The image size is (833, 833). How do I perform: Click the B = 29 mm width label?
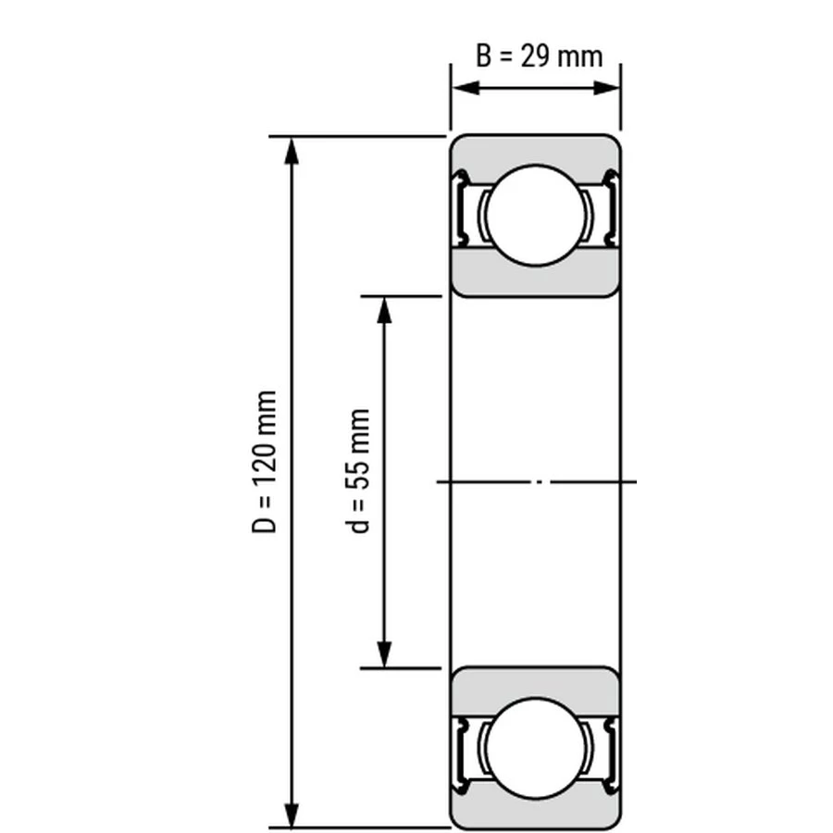[x=540, y=56]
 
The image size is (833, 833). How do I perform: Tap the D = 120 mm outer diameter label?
[x=264, y=461]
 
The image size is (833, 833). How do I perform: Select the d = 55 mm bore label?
[x=357, y=471]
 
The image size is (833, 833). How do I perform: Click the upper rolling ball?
[x=536, y=215]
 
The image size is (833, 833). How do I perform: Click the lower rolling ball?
[x=536, y=748]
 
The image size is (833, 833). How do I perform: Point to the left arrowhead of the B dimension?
[x=466, y=88]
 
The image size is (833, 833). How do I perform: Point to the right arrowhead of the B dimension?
[x=605, y=88]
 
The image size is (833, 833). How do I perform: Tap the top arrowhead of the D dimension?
[x=292, y=151]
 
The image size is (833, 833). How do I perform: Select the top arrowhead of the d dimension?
[x=384, y=310]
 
